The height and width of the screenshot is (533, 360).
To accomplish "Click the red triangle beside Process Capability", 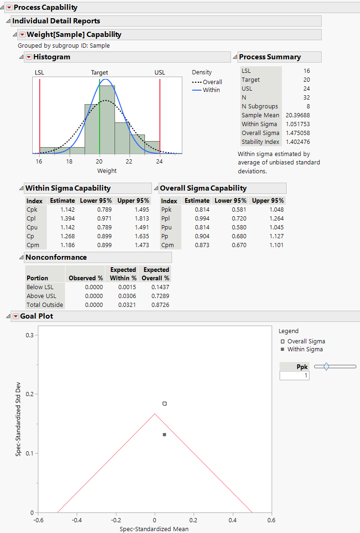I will [x=8, y=7].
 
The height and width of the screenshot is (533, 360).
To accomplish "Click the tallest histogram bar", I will [x=107, y=119].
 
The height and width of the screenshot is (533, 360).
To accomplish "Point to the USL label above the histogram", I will [x=160, y=72].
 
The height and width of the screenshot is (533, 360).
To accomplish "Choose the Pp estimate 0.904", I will [x=202, y=236].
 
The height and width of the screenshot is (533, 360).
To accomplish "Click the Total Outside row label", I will [x=45, y=305].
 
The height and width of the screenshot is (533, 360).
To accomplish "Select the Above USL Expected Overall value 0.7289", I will [x=160, y=296].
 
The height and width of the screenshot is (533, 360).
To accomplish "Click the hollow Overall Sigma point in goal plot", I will [x=165, y=404].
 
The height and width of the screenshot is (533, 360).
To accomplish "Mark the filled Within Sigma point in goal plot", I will [x=165, y=434].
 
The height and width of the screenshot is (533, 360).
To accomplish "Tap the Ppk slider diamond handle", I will [x=326, y=367].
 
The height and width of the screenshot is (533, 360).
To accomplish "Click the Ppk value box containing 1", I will [x=294, y=376].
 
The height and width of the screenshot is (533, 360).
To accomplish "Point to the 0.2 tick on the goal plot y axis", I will [x=29, y=394].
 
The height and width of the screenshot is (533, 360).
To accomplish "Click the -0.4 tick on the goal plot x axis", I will [x=77, y=520].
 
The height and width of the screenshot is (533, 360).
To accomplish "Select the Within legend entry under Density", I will [x=211, y=90].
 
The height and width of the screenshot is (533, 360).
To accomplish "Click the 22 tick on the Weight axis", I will [x=129, y=162].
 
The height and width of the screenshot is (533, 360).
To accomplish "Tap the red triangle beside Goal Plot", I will [x=15, y=316].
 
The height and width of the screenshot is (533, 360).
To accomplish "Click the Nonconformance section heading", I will [x=56, y=257].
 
